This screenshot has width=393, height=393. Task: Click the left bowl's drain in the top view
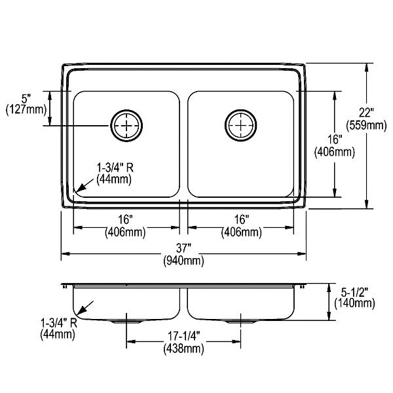(x=126, y=125)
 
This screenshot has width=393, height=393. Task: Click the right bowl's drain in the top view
(x=240, y=125)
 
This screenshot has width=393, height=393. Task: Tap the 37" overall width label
(x=183, y=248)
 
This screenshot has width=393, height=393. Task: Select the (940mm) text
(x=183, y=261)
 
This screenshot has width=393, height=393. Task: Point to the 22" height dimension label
(x=366, y=113)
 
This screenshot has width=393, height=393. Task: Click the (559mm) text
(x=366, y=125)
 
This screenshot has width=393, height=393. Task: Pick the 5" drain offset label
(x=26, y=98)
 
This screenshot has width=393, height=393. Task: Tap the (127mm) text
(x=26, y=110)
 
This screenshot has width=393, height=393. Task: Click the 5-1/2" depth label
(x=354, y=291)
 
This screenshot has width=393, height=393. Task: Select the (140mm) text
(x=354, y=303)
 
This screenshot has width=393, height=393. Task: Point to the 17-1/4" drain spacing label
(x=183, y=337)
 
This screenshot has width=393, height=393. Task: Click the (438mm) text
(x=183, y=348)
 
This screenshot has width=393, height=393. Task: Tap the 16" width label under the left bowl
(x=125, y=219)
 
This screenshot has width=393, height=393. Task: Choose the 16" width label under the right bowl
(x=241, y=219)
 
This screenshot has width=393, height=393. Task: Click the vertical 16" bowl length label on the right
(x=335, y=140)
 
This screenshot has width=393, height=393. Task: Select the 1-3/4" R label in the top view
(x=115, y=168)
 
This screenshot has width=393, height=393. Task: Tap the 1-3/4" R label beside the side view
(x=59, y=323)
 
